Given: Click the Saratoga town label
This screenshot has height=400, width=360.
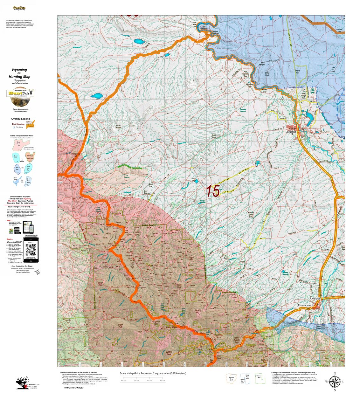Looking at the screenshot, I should point(290,132).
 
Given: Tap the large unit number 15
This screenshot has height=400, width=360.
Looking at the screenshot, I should point(212,191).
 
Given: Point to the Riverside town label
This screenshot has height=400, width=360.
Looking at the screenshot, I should point(315,299).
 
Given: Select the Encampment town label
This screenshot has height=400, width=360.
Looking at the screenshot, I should point(306,305).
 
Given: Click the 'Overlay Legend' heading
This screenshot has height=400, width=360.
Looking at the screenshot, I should point(21,119).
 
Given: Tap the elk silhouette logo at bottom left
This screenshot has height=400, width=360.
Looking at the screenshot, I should point(23,383).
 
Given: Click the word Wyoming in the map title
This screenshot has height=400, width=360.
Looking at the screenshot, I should point(19,70).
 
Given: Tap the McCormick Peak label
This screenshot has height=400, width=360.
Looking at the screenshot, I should point(156,322).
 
